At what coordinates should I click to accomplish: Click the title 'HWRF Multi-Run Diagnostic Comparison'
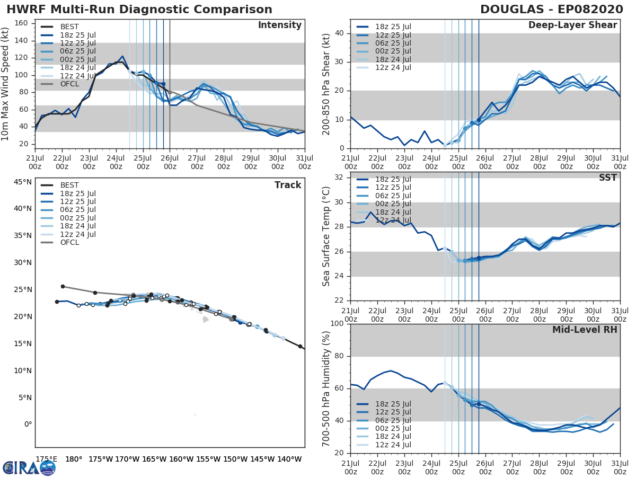139,10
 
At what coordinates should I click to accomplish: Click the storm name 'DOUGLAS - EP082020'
551,10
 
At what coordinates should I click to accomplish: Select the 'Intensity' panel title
279,25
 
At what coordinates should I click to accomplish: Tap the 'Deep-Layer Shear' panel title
572,25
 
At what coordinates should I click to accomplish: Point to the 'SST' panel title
607,178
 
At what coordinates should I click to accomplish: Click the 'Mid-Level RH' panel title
585,330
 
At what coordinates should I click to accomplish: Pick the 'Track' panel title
288,185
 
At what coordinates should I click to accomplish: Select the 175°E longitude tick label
46,459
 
